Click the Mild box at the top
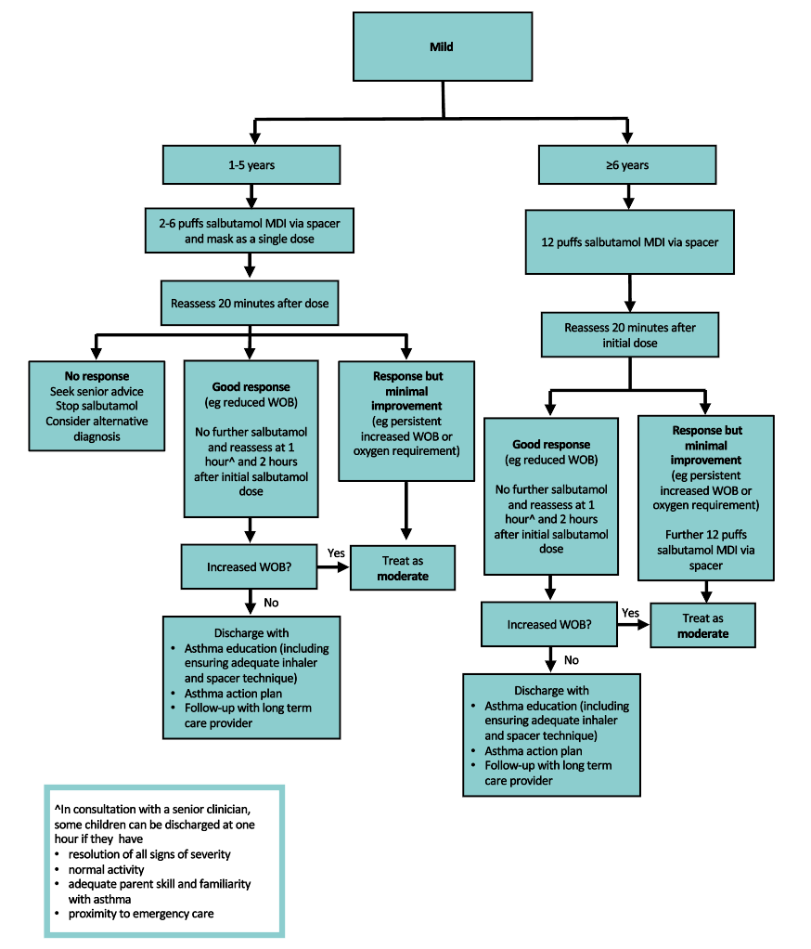pos(442,46)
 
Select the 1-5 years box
pos(251,165)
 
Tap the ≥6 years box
pos(627,165)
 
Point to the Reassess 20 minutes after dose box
pos(250,303)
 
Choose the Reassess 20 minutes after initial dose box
pos(629,335)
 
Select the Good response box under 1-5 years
pos(251,439)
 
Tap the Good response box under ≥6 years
pos(551,496)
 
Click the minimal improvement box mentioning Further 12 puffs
pos(706,497)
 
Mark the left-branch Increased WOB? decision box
pos(250,566)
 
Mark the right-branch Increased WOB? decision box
pos(549,624)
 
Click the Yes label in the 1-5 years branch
pos(336,552)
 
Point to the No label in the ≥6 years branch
pos(572,660)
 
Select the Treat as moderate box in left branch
pos(403,568)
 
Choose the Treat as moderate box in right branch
pos(702,625)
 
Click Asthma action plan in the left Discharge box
pos(233,694)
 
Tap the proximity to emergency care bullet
pos(140,914)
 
